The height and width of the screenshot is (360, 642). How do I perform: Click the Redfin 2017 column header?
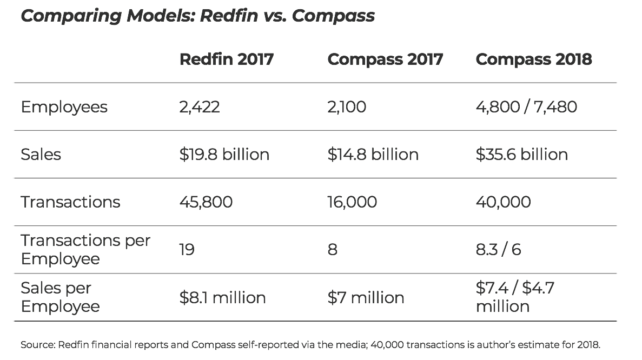[226, 59]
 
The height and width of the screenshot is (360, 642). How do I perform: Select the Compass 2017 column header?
[385, 59]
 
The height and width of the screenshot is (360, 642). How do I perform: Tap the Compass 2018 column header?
[533, 59]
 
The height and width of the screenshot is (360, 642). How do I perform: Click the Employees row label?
[64, 107]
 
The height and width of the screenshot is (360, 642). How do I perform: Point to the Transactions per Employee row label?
[85, 249]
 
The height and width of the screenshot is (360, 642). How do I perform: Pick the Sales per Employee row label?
[60, 297]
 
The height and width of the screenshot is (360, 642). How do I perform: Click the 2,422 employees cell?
[200, 107]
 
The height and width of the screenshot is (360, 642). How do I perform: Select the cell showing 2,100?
[346, 107]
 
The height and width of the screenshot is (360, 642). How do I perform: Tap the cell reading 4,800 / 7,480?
[526, 107]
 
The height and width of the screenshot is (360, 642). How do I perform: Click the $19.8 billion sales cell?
[224, 155]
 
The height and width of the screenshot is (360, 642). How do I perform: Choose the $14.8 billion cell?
[373, 155]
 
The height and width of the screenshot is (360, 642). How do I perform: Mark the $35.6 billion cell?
[521, 155]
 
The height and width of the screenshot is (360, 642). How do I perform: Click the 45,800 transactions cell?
[206, 202]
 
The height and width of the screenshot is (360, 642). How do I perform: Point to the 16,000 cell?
[352, 202]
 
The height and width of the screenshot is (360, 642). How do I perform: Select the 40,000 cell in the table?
[503, 202]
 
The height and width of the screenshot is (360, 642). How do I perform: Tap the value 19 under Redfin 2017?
[187, 250]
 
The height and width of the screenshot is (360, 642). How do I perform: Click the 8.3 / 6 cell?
[498, 250]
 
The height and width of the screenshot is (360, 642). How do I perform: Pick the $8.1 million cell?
[222, 298]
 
